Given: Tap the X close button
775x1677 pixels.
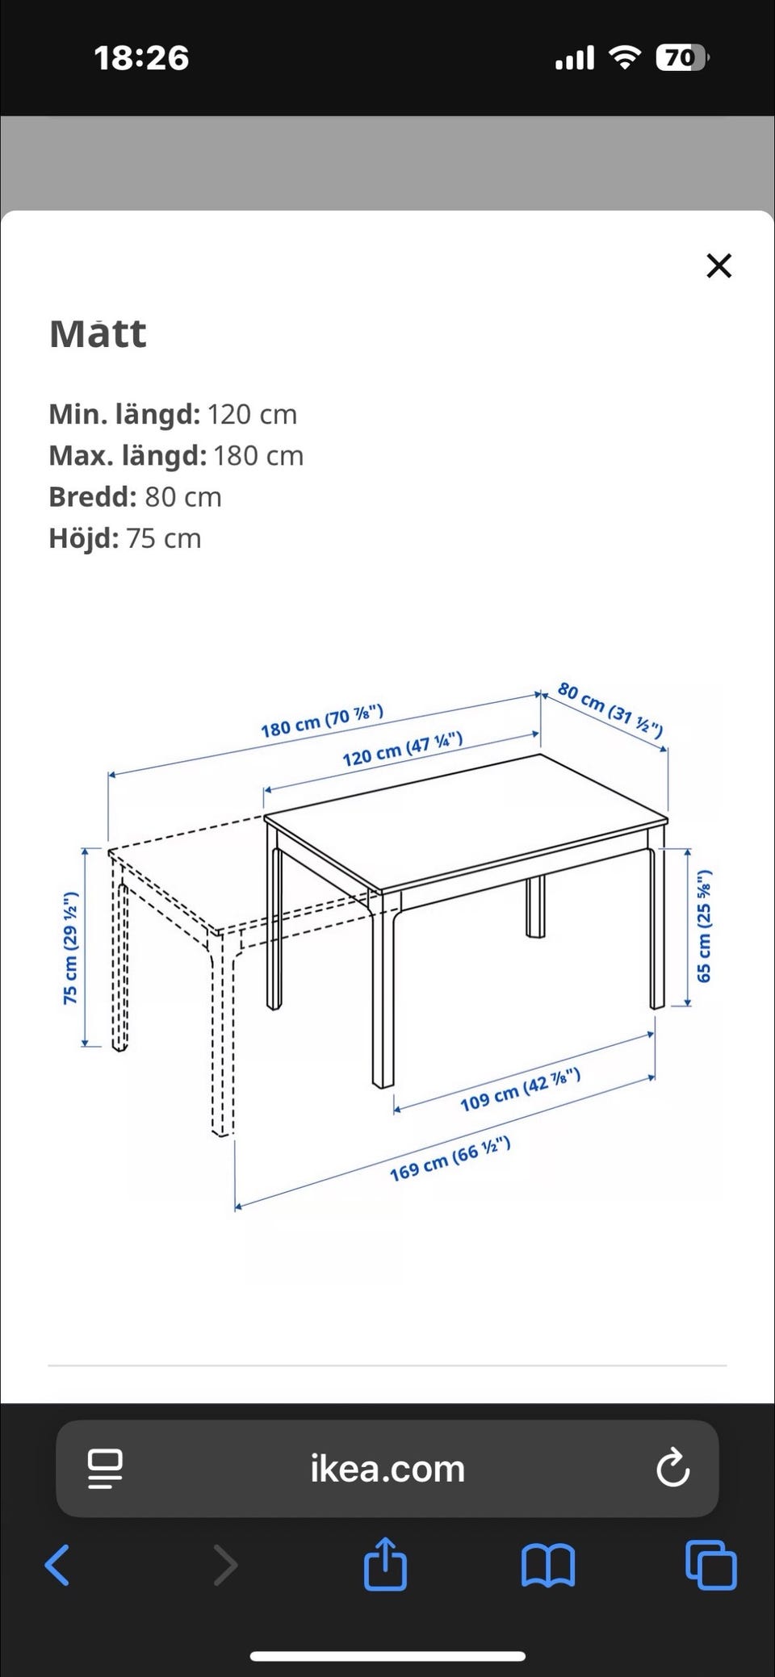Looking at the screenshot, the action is (718, 266).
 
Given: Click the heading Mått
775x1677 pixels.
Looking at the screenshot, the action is (98, 333).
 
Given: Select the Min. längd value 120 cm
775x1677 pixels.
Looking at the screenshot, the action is (252, 414).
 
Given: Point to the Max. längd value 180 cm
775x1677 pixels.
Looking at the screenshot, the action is (258, 455).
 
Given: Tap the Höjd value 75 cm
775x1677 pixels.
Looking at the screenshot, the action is (164, 538).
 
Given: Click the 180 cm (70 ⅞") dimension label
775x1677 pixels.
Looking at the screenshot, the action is (321, 721).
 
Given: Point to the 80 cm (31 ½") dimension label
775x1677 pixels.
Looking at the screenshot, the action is (610, 710).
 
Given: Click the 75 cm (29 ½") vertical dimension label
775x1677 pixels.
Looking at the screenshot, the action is (71, 948).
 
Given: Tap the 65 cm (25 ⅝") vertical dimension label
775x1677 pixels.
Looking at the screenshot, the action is (704, 926).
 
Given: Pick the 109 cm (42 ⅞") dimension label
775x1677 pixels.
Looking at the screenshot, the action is (520, 1089).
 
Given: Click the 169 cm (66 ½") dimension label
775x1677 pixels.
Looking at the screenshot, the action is (450, 1158).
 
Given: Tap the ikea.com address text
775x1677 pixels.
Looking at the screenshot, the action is (387, 1468).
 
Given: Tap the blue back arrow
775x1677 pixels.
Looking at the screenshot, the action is (57, 1565).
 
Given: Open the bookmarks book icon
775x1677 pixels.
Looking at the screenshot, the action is (548, 1566).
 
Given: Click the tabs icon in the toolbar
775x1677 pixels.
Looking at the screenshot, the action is (710, 1565).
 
